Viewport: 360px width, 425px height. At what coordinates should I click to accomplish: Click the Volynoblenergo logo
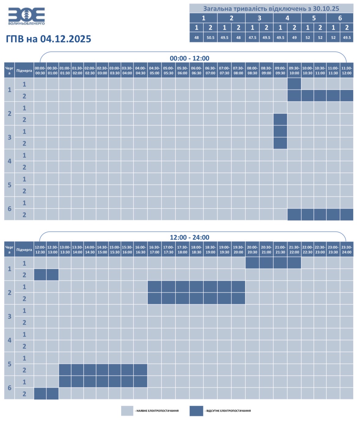[x=26, y=16]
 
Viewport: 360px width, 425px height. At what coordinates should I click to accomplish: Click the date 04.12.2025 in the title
[x=65, y=39]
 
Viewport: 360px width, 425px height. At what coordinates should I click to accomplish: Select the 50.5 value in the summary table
[x=210, y=38]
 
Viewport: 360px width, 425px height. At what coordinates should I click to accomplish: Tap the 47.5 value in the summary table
[x=252, y=38]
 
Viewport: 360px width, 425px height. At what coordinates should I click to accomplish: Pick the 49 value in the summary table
[x=294, y=38]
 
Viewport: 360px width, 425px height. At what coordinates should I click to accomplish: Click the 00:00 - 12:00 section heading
[x=189, y=58]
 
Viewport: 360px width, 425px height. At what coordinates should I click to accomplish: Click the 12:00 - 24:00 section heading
[x=189, y=237]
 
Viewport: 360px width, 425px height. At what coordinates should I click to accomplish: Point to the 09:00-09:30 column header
[x=280, y=70]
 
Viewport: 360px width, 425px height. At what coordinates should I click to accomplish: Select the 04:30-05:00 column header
[x=155, y=70]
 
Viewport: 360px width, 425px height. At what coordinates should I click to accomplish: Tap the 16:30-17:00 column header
[x=155, y=249]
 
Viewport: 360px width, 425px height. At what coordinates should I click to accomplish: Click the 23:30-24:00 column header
[x=347, y=249]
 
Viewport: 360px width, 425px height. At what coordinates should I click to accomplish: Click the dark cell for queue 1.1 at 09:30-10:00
[x=294, y=84]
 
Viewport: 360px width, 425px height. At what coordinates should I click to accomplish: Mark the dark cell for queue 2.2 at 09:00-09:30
[x=280, y=119]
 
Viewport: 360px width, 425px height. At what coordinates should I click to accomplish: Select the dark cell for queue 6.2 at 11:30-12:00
[x=347, y=214]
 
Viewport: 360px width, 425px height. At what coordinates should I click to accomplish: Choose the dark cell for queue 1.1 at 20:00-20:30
[x=252, y=263]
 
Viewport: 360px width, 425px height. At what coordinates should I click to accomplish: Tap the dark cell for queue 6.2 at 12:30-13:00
[x=53, y=394]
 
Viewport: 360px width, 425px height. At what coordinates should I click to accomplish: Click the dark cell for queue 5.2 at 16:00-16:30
[x=140, y=370]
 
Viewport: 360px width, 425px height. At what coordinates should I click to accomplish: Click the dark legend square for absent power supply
[x=196, y=411]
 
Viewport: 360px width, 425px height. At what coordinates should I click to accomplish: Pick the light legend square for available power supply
[x=127, y=411]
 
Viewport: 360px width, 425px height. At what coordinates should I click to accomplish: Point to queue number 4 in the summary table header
[x=287, y=18]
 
